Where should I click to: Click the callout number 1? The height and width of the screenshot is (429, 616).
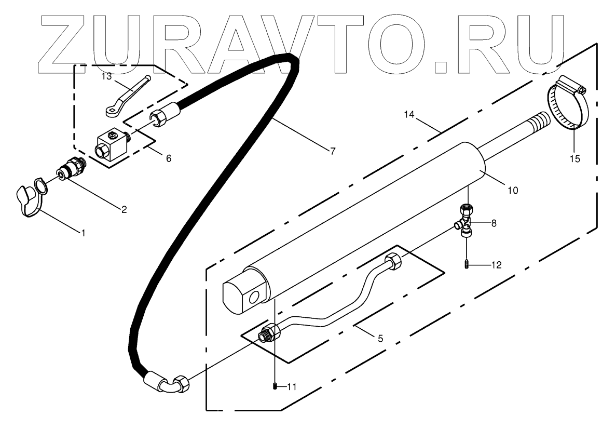coord(82,232)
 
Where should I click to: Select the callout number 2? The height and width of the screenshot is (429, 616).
coord(124,209)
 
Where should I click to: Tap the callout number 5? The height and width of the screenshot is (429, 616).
coord(380,339)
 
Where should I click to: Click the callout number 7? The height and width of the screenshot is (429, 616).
coord(332,151)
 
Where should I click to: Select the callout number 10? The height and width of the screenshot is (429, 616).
coord(513,191)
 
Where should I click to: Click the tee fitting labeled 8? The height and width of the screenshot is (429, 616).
coord(466,223)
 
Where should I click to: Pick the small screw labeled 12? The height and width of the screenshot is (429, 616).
coord(467,264)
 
